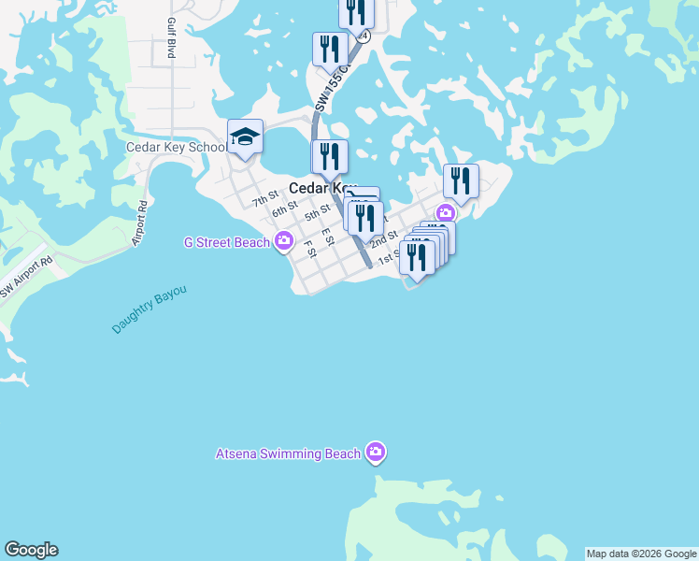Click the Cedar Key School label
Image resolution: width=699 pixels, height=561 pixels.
click(176, 148)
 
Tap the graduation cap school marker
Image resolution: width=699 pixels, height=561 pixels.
click(245, 137)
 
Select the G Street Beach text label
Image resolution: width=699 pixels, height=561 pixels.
click(227, 243)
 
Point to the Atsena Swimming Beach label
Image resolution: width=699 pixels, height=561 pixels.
click(288, 454)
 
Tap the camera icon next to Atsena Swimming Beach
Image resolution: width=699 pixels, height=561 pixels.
click(376, 453)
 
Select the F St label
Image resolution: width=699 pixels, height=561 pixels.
click(309, 248)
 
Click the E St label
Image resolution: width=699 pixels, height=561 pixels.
click(328, 237)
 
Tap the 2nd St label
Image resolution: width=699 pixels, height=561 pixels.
click(383, 241)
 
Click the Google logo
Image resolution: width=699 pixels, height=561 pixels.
click(31, 550)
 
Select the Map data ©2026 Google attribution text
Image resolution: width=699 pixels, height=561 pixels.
click(641, 554)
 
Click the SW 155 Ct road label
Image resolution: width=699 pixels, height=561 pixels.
click(332, 90)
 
